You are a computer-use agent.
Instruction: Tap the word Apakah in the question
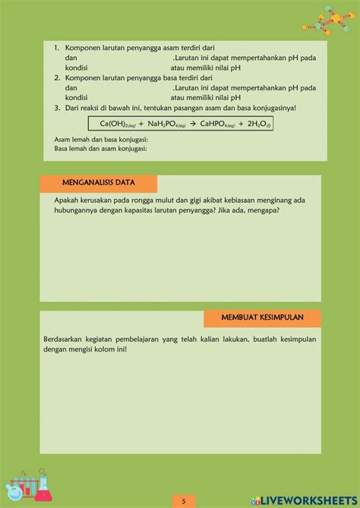(x=67, y=200)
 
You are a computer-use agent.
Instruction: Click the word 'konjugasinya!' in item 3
(x=274, y=107)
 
